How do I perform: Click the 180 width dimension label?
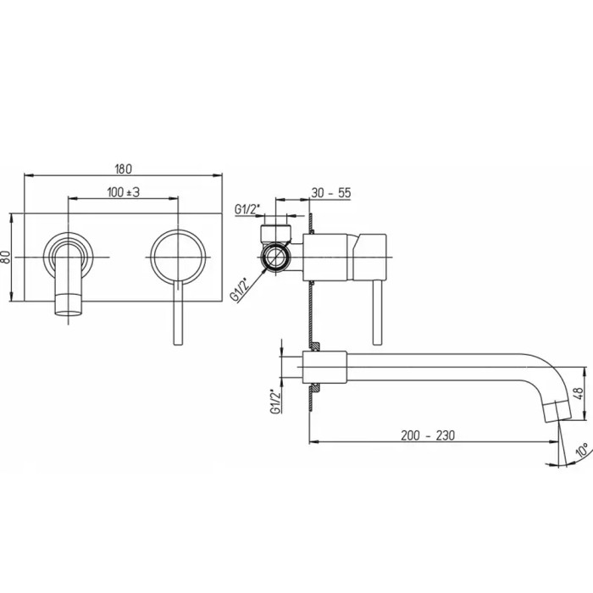(x=124, y=169)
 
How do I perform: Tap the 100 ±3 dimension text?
(x=124, y=192)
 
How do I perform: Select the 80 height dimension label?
(x=7, y=258)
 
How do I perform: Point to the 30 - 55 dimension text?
(x=331, y=193)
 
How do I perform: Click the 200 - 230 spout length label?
(x=427, y=435)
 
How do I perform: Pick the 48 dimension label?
(x=579, y=394)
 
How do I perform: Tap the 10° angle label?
(x=582, y=450)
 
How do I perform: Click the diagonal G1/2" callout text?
(x=241, y=290)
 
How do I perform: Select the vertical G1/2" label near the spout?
(x=276, y=402)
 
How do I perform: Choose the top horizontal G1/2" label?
(x=247, y=209)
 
